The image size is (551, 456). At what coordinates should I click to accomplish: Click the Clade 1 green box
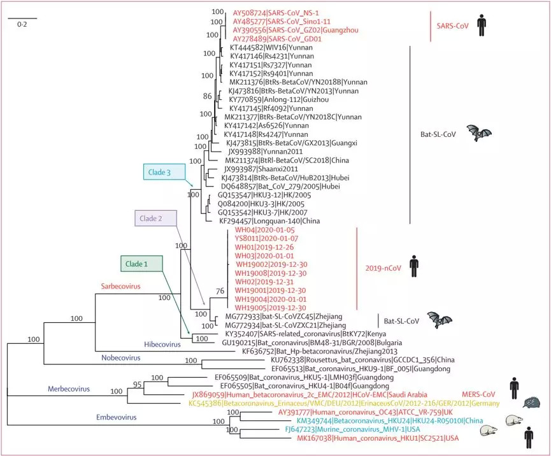[141, 263]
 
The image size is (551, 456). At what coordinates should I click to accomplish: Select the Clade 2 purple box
[155, 218]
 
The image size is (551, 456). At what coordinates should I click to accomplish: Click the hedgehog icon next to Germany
[531, 403]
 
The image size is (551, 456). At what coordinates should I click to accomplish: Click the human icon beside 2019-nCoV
[414, 266]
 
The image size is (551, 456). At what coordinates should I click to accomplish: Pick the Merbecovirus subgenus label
[69, 388]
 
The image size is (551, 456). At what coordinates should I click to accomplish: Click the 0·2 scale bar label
[22, 24]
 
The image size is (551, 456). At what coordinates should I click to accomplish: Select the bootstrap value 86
[206, 96]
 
